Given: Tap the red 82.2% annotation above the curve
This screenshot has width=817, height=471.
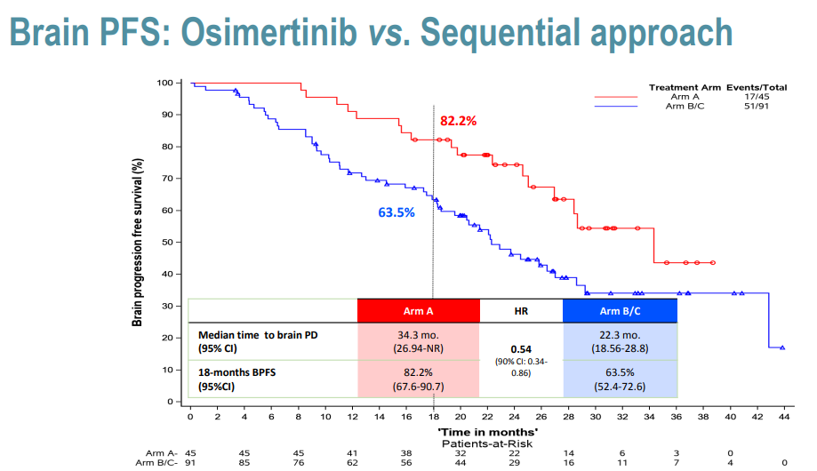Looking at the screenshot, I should pyautogui.click(x=459, y=120).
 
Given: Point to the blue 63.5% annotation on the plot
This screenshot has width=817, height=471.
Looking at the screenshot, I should pyautogui.click(x=396, y=212).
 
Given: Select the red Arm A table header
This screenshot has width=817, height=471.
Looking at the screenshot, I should pyautogui.click(x=418, y=310).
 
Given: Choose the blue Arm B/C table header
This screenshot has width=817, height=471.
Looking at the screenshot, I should pyautogui.click(x=621, y=310).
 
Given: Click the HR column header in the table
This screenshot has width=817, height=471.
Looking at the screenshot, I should pyautogui.click(x=521, y=310).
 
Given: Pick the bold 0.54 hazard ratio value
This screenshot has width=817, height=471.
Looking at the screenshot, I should pyautogui.click(x=521, y=349).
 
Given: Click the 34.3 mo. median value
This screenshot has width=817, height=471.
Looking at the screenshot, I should pyautogui.click(x=418, y=335).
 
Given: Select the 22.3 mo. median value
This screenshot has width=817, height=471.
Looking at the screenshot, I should pyautogui.click(x=621, y=335).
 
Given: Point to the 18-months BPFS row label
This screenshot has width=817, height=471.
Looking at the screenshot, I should pyautogui.click(x=238, y=372).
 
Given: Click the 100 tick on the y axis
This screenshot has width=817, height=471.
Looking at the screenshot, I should pyautogui.click(x=164, y=83).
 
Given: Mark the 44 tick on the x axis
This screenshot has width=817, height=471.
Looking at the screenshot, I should pyautogui.click(x=784, y=415).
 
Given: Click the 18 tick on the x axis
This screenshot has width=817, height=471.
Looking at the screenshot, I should pyautogui.click(x=433, y=415).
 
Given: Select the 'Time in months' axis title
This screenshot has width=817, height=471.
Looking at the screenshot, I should pyautogui.click(x=486, y=429).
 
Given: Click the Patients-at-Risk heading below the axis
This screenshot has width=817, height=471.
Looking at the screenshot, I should pyautogui.click(x=487, y=440).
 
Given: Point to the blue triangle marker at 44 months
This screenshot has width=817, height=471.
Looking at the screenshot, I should pyautogui.click(x=782, y=347).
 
